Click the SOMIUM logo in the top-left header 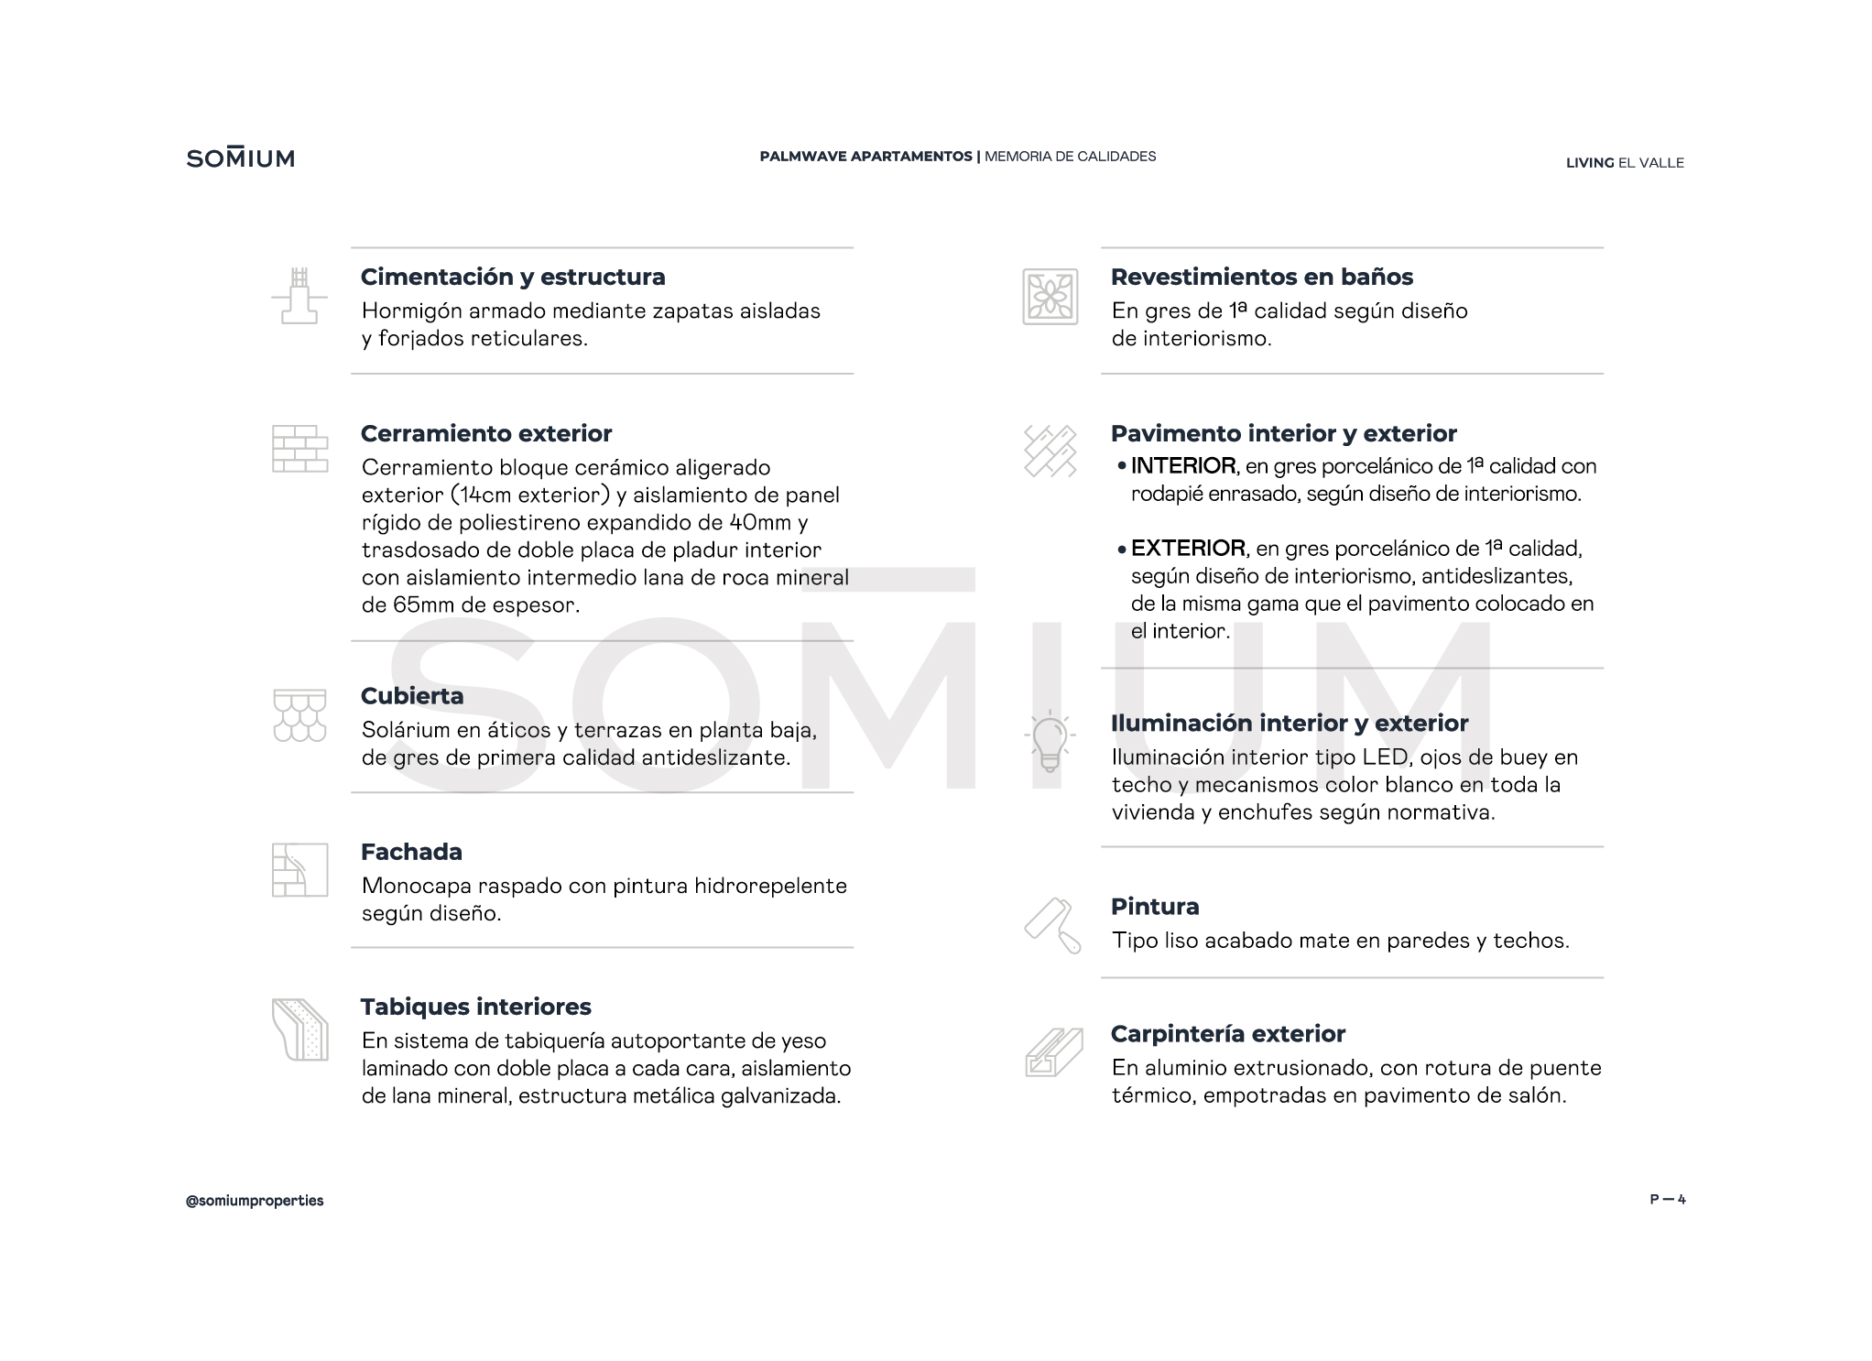pyautogui.click(x=241, y=158)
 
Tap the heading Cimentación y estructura pyautogui.click(x=513, y=277)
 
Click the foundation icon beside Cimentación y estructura pyautogui.click(x=299, y=295)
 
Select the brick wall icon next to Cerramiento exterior pyautogui.click(x=299, y=449)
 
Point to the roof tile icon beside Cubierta pyautogui.click(x=299, y=715)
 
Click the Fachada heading pyautogui.click(x=411, y=852)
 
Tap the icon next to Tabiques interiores pyautogui.click(x=299, y=1029)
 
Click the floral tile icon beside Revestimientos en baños pyautogui.click(x=1050, y=297)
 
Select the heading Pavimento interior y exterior pyautogui.click(x=1283, y=433)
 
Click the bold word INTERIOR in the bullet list pyautogui.click(x=1183, y=466)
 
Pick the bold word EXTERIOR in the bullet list pyautogui.click(x=1188, y=549)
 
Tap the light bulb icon pyautogui.click(x=1050, y=741)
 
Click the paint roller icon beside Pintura pyautogui.click(x=1052, y=925)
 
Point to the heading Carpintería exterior pyautogui.click(x=1227, y=1034)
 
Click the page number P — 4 pyautogui.click(x=1667, y=1200)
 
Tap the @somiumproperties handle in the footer pyautogui.click(x=255, y=1201)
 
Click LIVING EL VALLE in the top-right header pyautogui.click(x=1625, y=163)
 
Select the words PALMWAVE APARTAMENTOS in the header pyautogui.click(x=865, y=157)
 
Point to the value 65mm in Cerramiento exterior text pyautogui.click(x=425, y=605)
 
